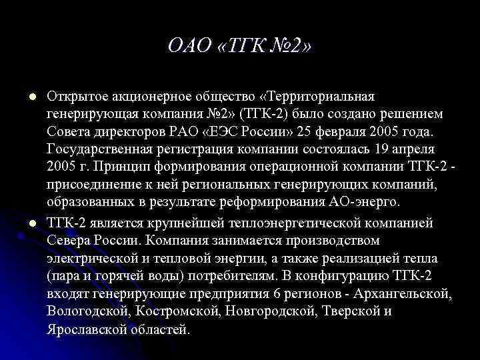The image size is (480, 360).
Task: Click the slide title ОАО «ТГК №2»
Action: [x=239, y=47]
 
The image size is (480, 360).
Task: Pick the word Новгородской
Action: [x=281, y=311]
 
